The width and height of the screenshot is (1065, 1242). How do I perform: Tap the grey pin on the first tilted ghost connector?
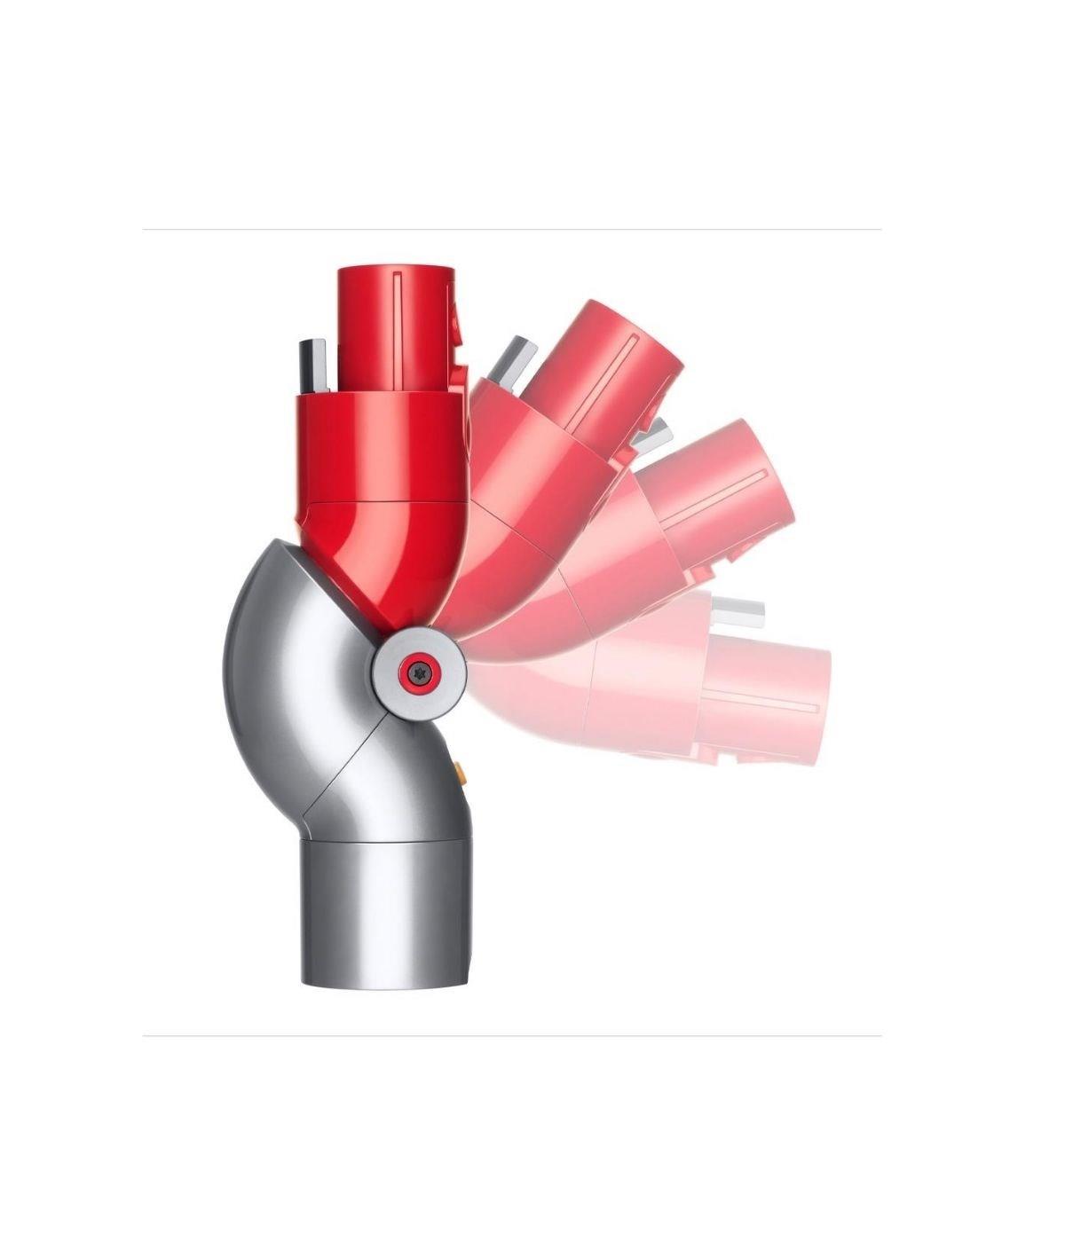click(512, 359)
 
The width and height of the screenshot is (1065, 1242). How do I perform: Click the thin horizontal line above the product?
click(511, 230)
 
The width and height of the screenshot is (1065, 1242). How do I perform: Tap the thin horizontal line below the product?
click(511, 1035)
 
